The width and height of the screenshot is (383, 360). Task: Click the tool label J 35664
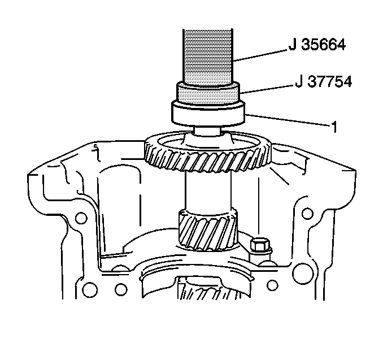point(317,45)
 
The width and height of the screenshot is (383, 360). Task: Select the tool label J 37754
point(324,81)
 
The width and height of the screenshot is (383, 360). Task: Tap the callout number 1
point(334,127)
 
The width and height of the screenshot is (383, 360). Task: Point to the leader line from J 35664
point(260,55)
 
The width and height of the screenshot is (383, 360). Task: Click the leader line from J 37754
point(266,89)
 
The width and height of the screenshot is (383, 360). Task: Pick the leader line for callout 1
point(287,120)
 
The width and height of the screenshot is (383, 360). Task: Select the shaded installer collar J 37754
point(208,94)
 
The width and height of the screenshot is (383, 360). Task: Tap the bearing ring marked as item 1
point(208,114)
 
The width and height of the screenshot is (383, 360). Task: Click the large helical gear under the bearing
point(208,151)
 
